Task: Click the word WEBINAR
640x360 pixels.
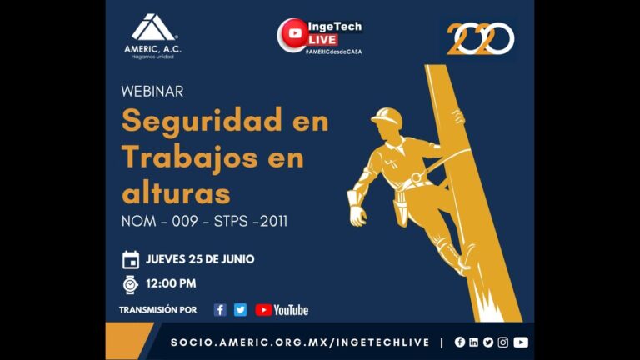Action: [152, 91]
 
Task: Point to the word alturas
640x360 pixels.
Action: [176, 192]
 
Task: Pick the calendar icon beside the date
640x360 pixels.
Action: [131, 259]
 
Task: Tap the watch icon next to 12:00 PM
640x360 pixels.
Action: [131, 283]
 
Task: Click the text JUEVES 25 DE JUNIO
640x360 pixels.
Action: [200, 259]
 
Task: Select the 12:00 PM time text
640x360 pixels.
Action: [171, 283]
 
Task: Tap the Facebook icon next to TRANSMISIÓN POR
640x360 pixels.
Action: [220, 310]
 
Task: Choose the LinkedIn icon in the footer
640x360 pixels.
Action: [474, 342]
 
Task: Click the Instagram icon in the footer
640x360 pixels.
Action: [502, 342]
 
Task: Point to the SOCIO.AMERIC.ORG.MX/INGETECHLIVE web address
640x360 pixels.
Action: [300, 342]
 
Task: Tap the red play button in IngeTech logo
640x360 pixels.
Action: [293, 33]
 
